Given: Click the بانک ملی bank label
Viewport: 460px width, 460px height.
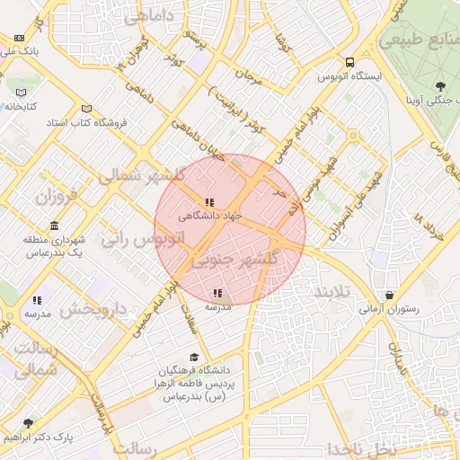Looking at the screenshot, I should click(19, 52).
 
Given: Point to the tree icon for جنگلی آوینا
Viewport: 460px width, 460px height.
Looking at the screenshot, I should click(439, 86).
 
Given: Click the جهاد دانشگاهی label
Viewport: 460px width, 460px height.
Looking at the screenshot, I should click(210, 216).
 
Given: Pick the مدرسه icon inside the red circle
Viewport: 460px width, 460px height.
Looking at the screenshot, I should click(217, 293).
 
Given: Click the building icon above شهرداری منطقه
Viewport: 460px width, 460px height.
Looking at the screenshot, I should click(55, 225).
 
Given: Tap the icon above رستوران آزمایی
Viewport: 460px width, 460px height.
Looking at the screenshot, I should click(388, 295).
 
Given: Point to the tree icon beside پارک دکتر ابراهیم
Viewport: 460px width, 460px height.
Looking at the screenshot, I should click(28, 422).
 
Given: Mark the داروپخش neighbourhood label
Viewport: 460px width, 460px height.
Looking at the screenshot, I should click(94, 310).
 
